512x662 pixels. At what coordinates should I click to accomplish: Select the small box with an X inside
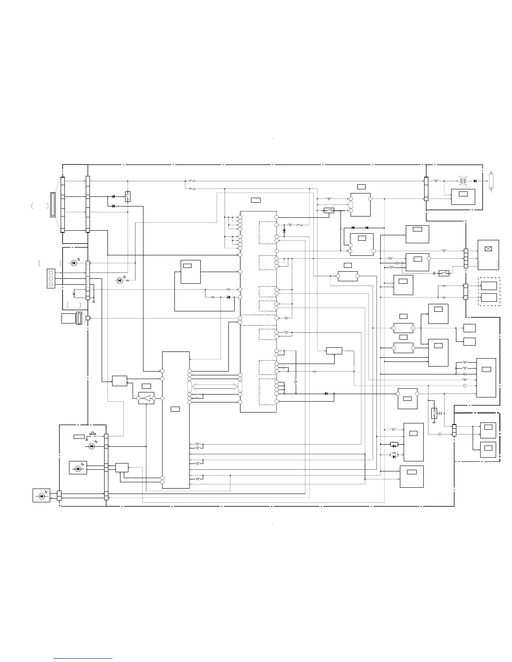[487, 249]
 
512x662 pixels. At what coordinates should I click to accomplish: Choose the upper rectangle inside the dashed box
[489, 286]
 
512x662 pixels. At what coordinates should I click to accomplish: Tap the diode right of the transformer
[475, 181]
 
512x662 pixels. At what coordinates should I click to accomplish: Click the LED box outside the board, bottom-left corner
[41, 496]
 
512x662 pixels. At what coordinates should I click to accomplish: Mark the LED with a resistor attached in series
[120, 280]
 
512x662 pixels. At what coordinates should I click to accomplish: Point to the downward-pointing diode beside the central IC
[284, 230]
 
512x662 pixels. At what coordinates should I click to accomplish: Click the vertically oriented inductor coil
[296, 382]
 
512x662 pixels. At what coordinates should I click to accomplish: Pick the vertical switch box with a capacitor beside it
[434, 413]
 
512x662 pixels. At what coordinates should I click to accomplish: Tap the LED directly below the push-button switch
[92, 446]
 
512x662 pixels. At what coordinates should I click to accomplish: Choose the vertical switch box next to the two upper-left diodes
[128, 196]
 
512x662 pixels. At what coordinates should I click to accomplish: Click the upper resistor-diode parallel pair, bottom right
[393, 445]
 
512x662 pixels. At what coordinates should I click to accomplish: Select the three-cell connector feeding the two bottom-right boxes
[454, 430]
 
